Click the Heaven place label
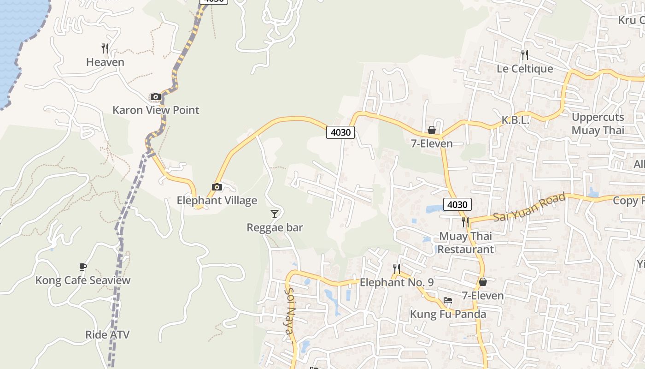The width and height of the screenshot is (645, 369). pyautogui.click(x=105, y=62)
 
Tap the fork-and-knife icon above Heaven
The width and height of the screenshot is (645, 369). pyautogui.click(x=105, y=48)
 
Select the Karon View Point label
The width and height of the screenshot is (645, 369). pyautogui.click(x=156, y=110)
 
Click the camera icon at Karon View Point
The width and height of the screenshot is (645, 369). pyautogui.click(x=156, y=96)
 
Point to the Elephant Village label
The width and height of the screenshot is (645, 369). pyautogui.click(x=217, y=201)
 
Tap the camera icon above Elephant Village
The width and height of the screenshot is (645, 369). pyautogui.click(x=217, y=187)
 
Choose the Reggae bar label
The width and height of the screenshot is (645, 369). pyautogui.click(x=275, y=227)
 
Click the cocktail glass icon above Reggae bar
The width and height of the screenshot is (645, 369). pyautogui.click(x=275, y=214)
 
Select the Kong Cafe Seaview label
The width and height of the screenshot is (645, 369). pyautogui.click(x=83, y=280)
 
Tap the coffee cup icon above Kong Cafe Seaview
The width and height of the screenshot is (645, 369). pyautogui.click(x=83, y=267)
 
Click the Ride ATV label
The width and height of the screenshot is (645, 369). pyautogui.click(x=107, y=335)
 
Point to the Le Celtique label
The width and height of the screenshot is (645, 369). pyautogui.click(x=524, y=69)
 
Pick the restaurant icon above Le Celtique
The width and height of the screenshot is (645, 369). pyautogui.click(x=524, y=55)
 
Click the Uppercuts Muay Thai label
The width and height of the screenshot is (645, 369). pyautogui.click(x=598, y=124)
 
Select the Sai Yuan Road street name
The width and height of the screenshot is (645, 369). pyautogui.click(x=529, y=207)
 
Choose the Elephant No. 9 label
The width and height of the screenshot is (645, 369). pyautogui.click(x=397, y=282)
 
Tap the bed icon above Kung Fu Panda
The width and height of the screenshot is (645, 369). pyautogui.click(x=447, y=300)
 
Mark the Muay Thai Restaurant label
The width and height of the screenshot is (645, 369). pyautogui.click(x=465, y=243)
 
